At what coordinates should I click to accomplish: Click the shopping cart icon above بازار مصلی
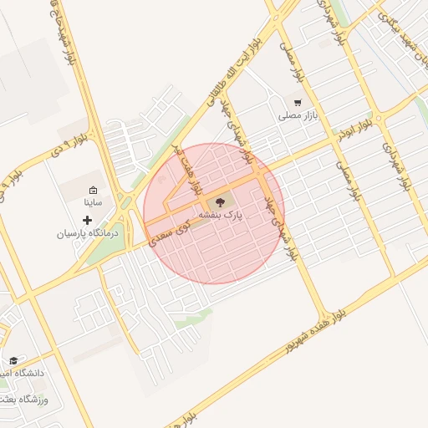297,101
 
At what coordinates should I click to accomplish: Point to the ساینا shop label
92,202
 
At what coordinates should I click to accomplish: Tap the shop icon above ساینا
93,191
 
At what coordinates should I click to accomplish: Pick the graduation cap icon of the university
13,360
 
